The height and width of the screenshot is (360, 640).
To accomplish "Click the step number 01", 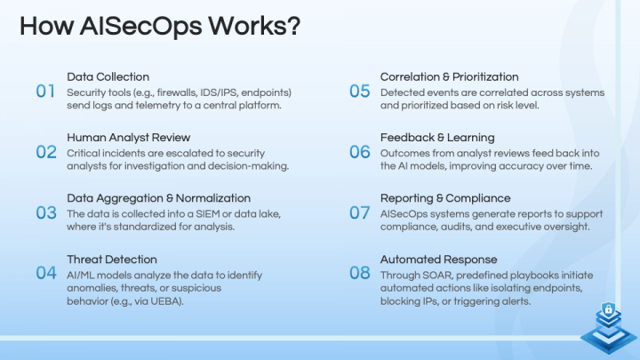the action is pyautogui.click(x=45, y=91).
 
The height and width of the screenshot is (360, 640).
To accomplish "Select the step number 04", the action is pyautogui.click(x=46, y=273).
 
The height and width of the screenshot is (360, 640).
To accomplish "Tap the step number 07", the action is pyautogui.click(x=360, y=212).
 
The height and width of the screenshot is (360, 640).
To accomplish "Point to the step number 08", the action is pyautogui.click(x=360, y=273).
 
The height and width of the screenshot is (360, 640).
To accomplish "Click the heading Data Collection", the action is pyautogui.click(x=108, y=76).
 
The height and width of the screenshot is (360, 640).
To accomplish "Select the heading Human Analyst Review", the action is pyautogui.click(x=129, y=138).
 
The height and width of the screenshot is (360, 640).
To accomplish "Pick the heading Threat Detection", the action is pyautogui.click(x=112, y=260).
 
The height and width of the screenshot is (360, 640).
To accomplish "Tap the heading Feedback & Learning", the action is pyautogui.click(x=437, y=138).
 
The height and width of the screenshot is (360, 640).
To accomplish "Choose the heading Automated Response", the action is pyautogui.click(x=439, y=260).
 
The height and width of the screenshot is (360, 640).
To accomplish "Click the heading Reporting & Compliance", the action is pyautogui.click(x=445, y=198).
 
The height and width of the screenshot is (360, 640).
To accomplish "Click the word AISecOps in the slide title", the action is pyautogui.click(x=140, y=26).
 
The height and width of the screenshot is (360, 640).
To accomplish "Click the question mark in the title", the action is pyautogui.click(x=293, y=26).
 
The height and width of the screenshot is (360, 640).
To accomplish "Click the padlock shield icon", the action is pyautogui.click(x=609, y=309).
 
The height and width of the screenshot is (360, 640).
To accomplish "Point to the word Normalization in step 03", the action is pyautogui.click(x=213, y=198).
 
